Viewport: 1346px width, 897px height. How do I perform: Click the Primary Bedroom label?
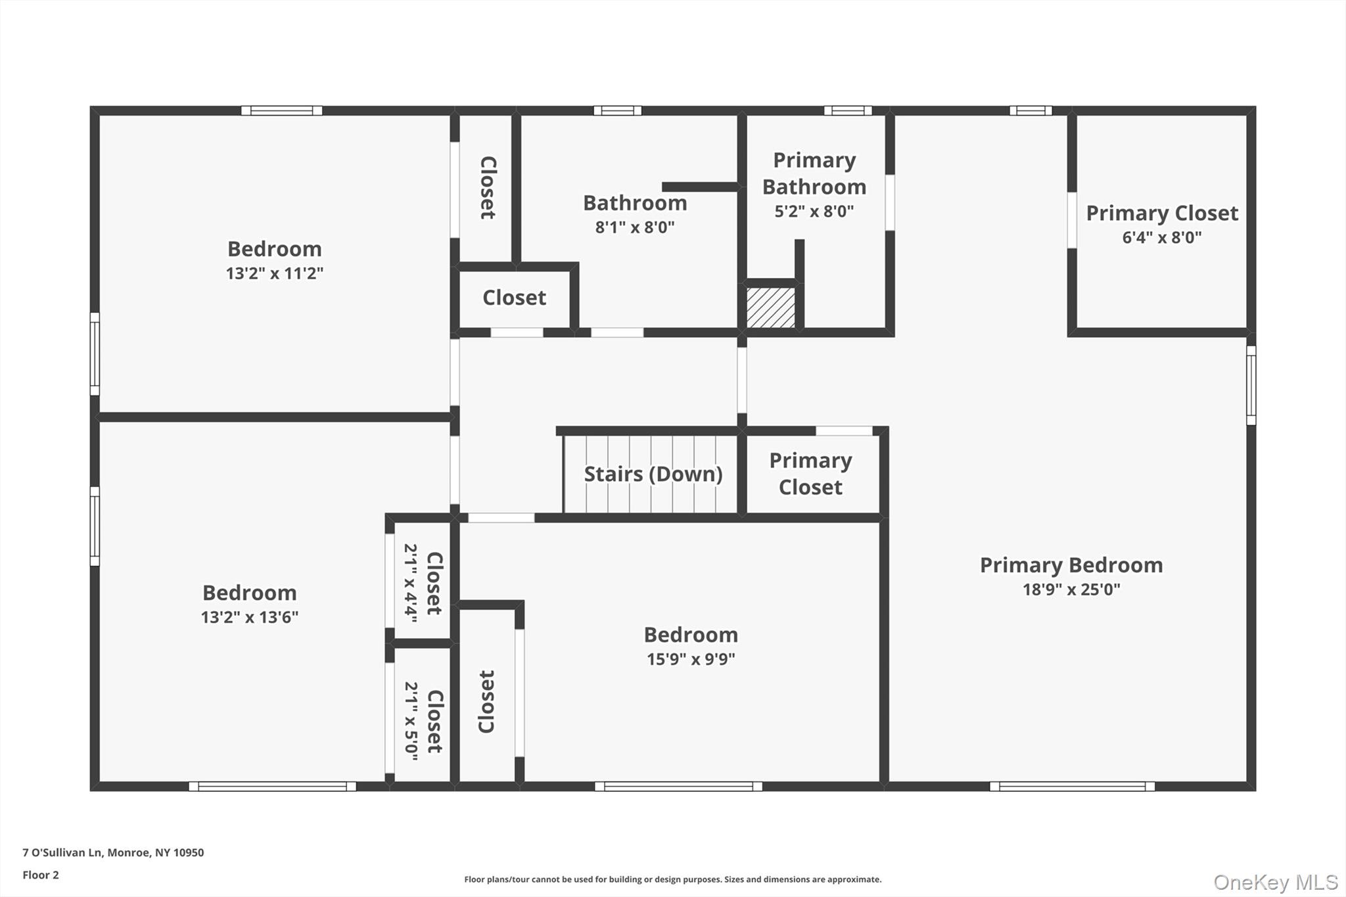[x=1071, y=565]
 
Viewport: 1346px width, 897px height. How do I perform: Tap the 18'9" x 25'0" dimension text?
[x=1071, y=589]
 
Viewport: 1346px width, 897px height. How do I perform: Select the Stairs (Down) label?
[x=653, y=474]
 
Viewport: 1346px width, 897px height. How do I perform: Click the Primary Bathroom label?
[x=814, y=173]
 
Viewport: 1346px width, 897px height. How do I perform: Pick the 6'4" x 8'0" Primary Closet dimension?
[x=1161, y=237]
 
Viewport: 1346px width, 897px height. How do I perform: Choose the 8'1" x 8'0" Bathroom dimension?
[x=634, y=227]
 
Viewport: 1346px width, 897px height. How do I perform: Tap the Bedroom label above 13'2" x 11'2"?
[x=274, y=249]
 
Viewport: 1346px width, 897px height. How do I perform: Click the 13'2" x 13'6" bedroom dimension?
[x=249, y=617]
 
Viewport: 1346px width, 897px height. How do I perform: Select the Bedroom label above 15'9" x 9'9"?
[x=690, y=635]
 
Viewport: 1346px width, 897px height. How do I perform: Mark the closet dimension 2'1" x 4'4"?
[x=411, y=582]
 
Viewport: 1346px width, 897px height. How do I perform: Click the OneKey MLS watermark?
[x=1275, y=882]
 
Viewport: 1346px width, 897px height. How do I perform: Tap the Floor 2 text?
[x=41, y=875]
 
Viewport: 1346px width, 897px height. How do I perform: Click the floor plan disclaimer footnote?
[x=672, y=879]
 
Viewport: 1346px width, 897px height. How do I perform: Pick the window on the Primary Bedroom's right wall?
[x=1251, y=386]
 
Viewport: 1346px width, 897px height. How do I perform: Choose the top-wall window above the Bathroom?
[x=617, y=110]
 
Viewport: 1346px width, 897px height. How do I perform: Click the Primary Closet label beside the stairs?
[x=810, y=474]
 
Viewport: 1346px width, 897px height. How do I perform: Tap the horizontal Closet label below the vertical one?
[x=514, y=298]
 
